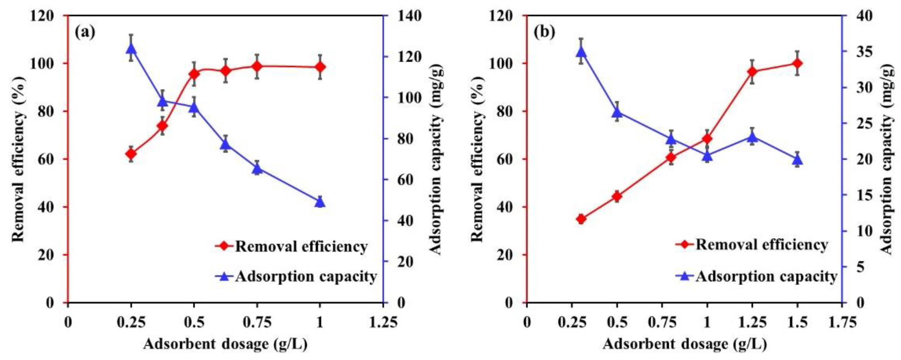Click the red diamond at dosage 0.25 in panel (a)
[x=131, y=154]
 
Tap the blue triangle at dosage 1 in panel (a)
[x=320, y=202]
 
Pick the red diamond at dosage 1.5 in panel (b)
[x=797, y=63]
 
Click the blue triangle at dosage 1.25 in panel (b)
[x=752, y=136]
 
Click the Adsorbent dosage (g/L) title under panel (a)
[x=225, y=345]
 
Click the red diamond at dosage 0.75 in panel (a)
[x=257, y=66]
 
